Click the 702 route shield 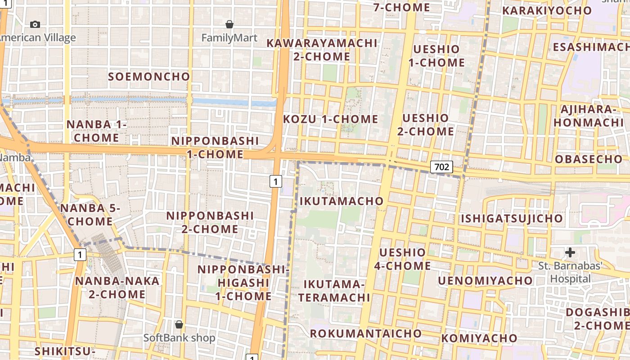click(441, 167)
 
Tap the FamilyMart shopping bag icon click(229, 24)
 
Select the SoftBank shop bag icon click(179, 324)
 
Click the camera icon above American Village click(35, 24)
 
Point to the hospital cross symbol click(570, 252)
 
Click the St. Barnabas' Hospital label click(570, 272)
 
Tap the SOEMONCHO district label click(149, 76)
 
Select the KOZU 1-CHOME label click(330, 119)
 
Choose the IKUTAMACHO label click(341, 201)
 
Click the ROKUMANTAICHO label click(366, 333)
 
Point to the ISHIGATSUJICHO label click(512, 219)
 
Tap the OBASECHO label click(588, 159)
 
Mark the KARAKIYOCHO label click(547, 10)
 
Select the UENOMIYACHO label click(485, 281)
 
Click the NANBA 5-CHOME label click(90, 215)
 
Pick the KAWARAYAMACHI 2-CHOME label click(322, 49)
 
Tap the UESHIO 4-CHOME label click(402, 259)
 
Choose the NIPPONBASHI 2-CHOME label click(210, 222)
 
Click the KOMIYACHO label click(479, 338)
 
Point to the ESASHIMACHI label click(591, 47)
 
